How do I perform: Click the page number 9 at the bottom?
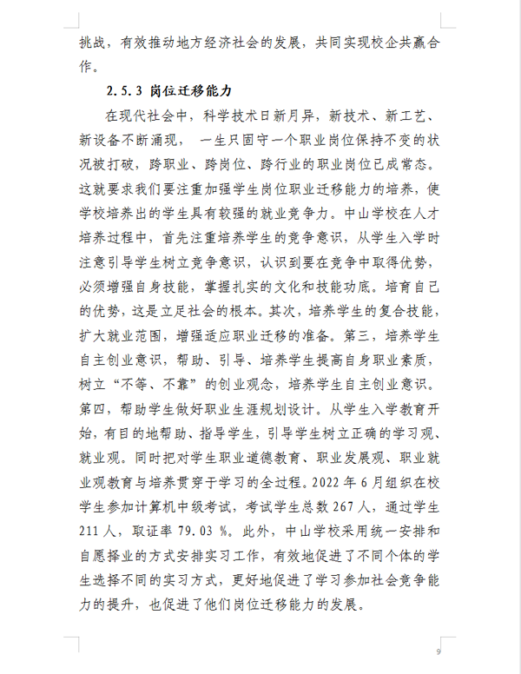(439, 651)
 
